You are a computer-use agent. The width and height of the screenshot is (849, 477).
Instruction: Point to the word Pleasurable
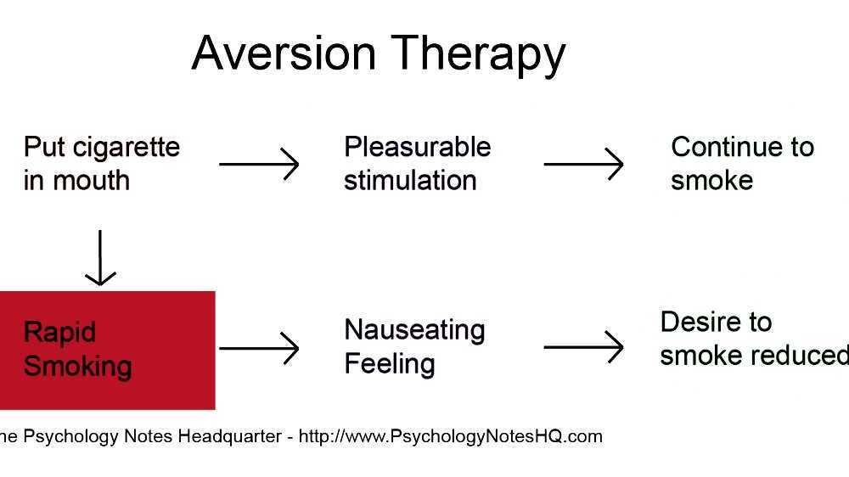(x=417, y=147)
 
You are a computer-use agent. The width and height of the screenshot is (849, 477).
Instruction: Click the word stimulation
(x=410, y=181)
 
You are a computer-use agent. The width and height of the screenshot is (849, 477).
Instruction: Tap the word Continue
(x=721, y=147)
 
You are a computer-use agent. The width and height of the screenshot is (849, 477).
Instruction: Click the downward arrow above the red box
(x=101, y=257)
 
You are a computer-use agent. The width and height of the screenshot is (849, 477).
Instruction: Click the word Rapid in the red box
(x=59, y=332)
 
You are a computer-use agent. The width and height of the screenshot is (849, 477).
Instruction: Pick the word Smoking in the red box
(x=77, y=367)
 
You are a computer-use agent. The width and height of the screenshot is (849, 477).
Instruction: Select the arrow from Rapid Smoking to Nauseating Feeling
(x=259, y=347)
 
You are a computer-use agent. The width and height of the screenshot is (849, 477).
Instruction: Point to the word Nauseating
(x=414, y=329)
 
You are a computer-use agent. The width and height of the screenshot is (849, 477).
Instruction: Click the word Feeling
(x=389, y=364)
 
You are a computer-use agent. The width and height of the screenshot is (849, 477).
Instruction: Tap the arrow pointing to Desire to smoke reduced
(x=583, y=347)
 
